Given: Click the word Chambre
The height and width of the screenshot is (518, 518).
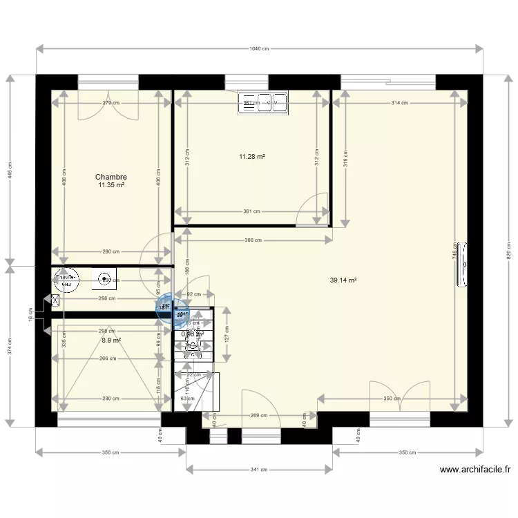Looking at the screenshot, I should point(111,177).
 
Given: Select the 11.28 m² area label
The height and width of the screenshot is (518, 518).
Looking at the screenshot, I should point(252,157).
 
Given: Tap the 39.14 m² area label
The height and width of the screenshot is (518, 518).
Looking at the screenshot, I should point(343,280).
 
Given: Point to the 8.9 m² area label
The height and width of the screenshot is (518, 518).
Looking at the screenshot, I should point(111,340).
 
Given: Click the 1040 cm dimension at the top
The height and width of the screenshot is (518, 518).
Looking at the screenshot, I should point(259,48).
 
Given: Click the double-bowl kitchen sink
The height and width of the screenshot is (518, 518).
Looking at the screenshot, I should point(262,103).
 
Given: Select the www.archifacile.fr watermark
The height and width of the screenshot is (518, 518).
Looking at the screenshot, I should point(474,470).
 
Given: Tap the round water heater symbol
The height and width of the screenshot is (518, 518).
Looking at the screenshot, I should point(104,280).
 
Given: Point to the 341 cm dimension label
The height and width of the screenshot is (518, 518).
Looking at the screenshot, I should point(259,470).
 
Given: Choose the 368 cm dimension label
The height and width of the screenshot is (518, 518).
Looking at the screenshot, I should point(253,240).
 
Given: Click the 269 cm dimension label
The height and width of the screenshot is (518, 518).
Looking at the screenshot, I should point(258,416).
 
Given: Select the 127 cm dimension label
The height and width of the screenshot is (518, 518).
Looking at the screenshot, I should point(227,334).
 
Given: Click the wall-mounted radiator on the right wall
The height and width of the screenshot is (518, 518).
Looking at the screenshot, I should point(463,264).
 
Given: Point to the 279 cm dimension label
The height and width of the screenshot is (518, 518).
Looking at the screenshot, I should point(111,103).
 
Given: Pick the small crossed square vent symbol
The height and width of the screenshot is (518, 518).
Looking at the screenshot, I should point(55,300).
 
